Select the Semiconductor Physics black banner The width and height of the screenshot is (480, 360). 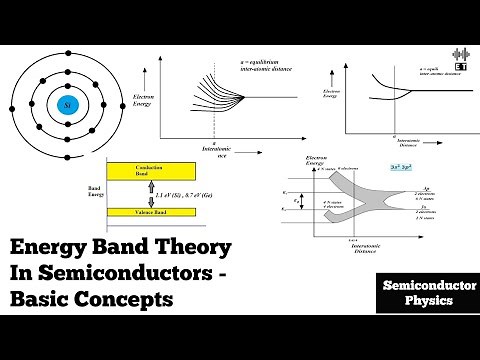pos(416,292)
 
